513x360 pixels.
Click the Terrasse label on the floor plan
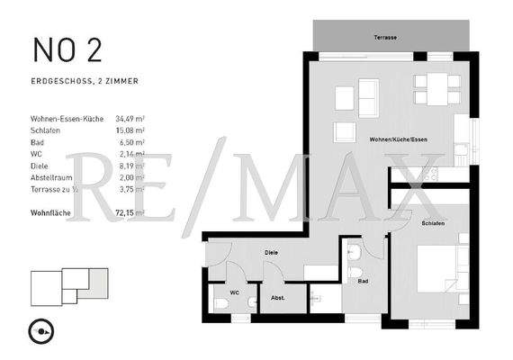tap(386, 38)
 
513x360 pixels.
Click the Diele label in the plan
tap(271, 253)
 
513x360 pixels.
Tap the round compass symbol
tap(42, 330)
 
